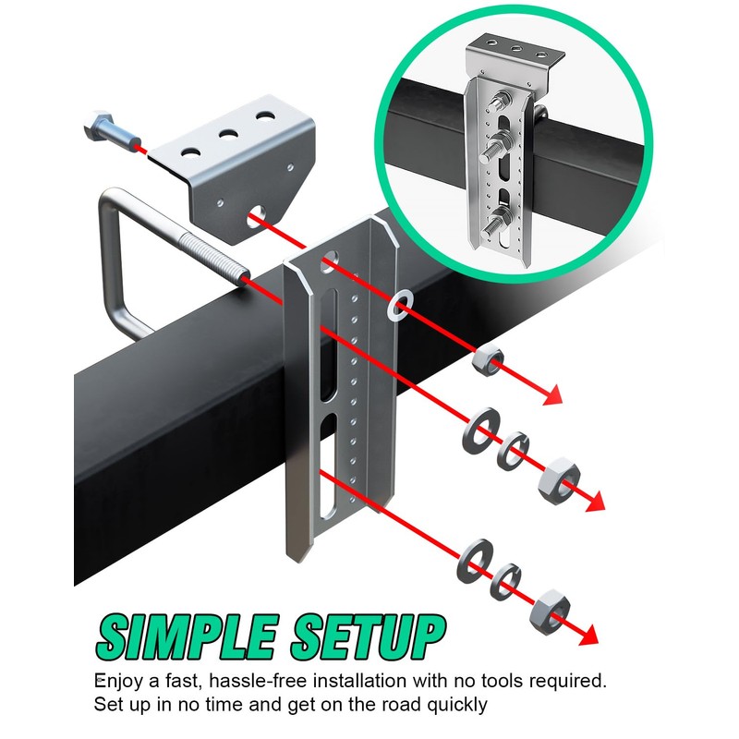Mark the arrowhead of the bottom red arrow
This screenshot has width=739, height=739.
tap(589, 636)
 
